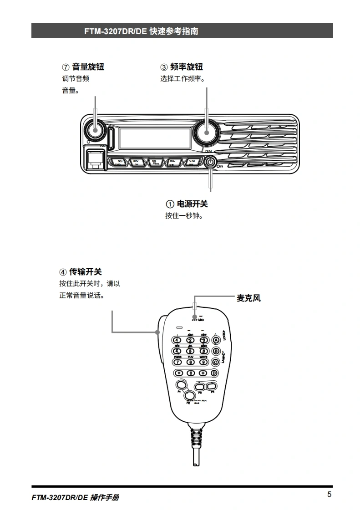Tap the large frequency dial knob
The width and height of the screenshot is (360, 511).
point(206,131)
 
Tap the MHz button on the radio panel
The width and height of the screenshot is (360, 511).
point(172,162)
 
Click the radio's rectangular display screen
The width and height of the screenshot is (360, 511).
point(155,138)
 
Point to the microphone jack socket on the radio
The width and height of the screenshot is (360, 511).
point(95,158)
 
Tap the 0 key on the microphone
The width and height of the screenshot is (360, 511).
point(191,373)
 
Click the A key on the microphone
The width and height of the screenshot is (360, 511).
point(217,340)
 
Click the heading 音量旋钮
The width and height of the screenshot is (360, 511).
point(88,67)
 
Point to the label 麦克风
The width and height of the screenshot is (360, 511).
point(248,299)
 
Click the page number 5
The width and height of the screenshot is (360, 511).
point(329,495)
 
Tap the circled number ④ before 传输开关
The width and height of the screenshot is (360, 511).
point(63,272)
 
